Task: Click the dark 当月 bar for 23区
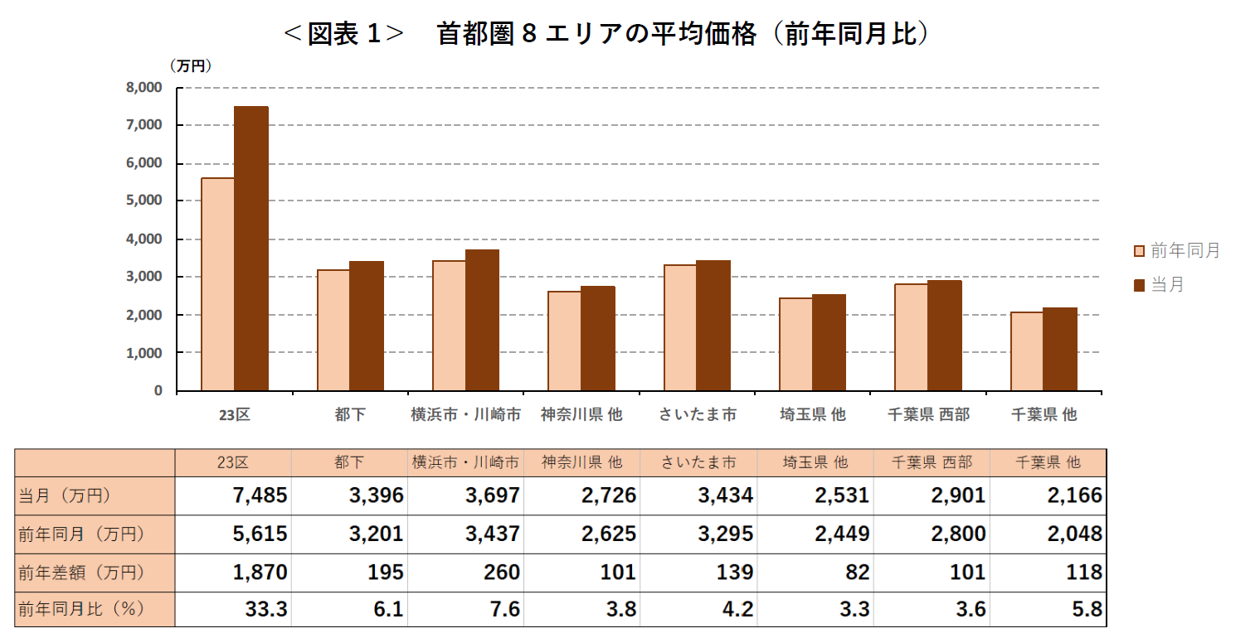251,249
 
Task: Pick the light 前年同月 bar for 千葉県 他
1026,351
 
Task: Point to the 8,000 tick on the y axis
145,87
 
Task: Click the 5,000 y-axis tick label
145,201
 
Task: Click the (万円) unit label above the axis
191,65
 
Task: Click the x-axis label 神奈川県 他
581,415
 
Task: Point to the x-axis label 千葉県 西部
927,415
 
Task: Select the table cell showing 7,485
260,495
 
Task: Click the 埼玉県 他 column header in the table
815,462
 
